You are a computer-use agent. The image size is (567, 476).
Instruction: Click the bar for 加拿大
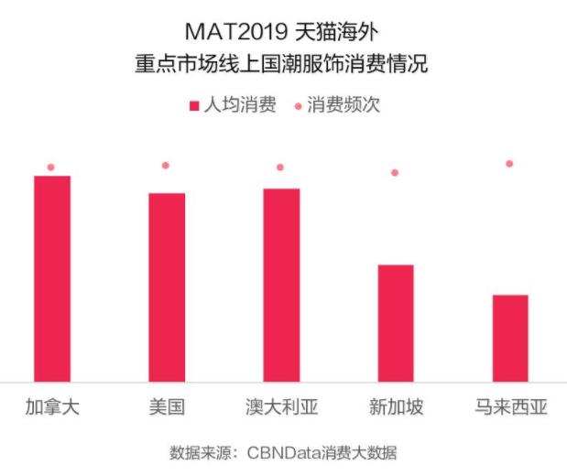point(52,278)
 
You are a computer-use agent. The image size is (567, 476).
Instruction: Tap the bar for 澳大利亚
point(281,285)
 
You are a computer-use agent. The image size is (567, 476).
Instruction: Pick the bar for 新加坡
point(396,322)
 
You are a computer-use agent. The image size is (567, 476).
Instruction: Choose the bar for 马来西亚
point(510,338)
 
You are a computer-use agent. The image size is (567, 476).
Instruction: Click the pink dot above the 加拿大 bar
point(51,168)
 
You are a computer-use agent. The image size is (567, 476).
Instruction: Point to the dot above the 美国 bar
point(166,166)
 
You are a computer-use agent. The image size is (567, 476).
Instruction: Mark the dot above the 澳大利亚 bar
point(280,168)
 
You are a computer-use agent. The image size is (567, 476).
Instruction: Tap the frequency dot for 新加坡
point(395,172)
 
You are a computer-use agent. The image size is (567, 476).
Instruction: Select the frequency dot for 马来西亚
point(509,164)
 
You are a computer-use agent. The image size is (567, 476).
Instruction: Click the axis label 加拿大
point(52,407)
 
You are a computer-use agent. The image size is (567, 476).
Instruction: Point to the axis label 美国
point(167,407)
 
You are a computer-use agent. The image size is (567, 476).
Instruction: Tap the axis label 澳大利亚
point(281,407)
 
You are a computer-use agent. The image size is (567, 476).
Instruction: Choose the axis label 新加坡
point(396,407)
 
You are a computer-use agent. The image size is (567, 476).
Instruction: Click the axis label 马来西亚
point(510,407)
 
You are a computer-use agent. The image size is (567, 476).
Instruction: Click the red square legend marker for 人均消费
point(193,106)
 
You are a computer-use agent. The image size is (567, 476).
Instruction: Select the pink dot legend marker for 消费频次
point(298,106)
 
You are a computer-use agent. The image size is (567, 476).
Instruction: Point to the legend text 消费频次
point(343,105)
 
